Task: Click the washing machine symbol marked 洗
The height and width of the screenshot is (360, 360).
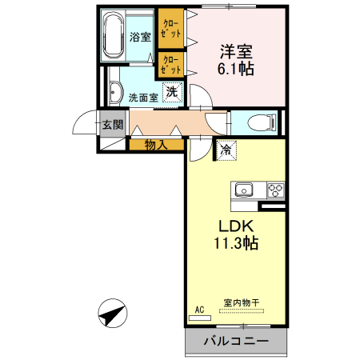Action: [172, 93]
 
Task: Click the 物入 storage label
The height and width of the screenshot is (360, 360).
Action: [157, 145]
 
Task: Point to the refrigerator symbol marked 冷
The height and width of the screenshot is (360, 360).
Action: [226, 149]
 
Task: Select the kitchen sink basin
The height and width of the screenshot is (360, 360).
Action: [242, 190]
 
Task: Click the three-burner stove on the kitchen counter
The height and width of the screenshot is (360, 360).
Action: [274, 190]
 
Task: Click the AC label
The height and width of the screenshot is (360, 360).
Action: [199, 308]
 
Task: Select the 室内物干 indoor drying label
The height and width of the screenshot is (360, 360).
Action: [241, 303]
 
